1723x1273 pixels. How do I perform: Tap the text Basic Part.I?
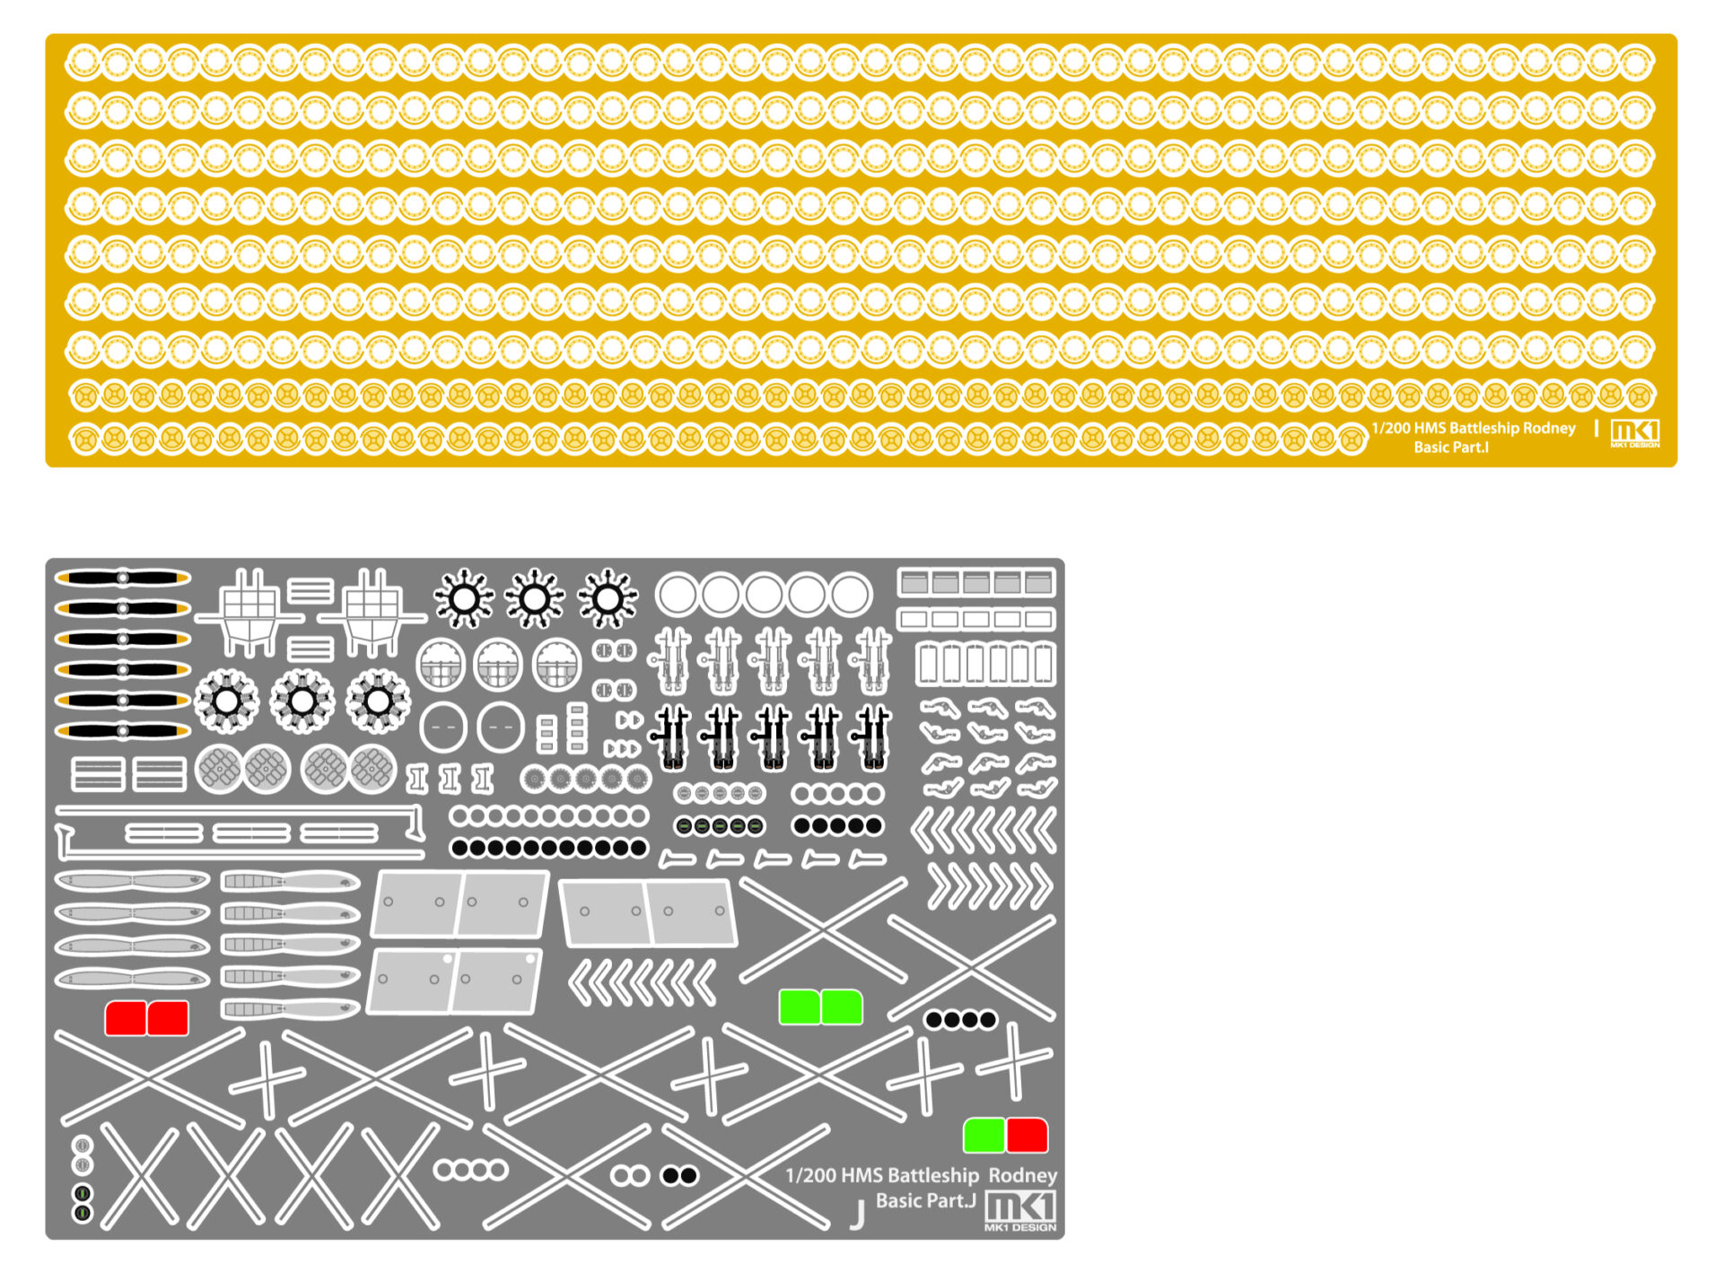pos(1451,447)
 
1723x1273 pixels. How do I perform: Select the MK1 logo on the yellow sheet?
pos(1635,432)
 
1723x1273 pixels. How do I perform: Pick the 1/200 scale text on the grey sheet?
pos(810,1175)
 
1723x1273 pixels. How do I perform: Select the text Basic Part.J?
pos(925,1200)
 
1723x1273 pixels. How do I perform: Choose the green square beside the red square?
pos(983,1135)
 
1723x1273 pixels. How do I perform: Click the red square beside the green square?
pos(1027,1135)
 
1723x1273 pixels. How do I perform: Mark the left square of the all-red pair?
pos(126,1018)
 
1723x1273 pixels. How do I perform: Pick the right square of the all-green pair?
pos(842,1007)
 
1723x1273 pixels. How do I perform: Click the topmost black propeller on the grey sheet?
pos(123,578)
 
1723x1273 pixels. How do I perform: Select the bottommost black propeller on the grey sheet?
pos(123,731)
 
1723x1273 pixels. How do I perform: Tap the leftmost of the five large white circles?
pos(677,594)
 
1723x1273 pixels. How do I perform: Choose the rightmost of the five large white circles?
pos(850,594)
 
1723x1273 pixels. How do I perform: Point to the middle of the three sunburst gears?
pos(535,597)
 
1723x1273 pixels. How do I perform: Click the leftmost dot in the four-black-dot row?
pos(934,1019)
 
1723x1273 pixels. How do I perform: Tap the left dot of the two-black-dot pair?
pos(670,1175)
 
